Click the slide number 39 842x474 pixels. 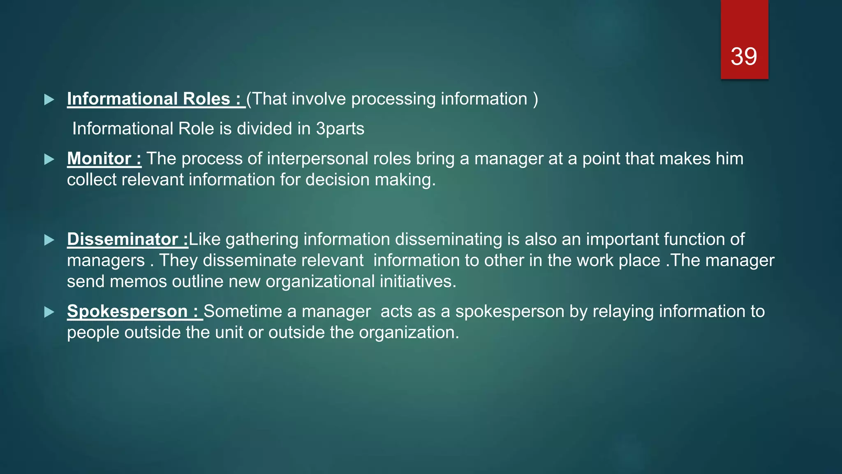pos(744,56)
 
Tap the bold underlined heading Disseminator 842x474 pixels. pos(122,239)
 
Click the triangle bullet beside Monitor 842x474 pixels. pos(49,159)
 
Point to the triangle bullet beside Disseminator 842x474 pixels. pos(49,240)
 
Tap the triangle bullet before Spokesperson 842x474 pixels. pos(49,312)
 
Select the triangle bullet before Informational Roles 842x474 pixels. pos(49,99)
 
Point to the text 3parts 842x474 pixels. pos(340,129)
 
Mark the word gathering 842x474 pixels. pos(262,239)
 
